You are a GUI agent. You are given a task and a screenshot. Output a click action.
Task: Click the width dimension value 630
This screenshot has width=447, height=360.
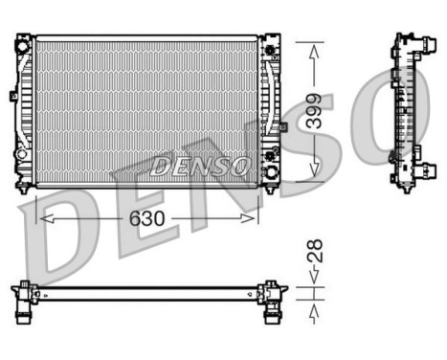click(147, 218)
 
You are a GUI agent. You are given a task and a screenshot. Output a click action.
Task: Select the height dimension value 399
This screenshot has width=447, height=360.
click(326, 112)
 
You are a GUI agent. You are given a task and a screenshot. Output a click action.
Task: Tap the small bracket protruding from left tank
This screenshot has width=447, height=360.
click(13, 95)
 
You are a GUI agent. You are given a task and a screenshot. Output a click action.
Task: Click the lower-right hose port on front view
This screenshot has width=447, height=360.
click(272, 173)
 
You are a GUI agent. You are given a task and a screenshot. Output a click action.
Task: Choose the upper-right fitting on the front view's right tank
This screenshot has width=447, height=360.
click(273, 47)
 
